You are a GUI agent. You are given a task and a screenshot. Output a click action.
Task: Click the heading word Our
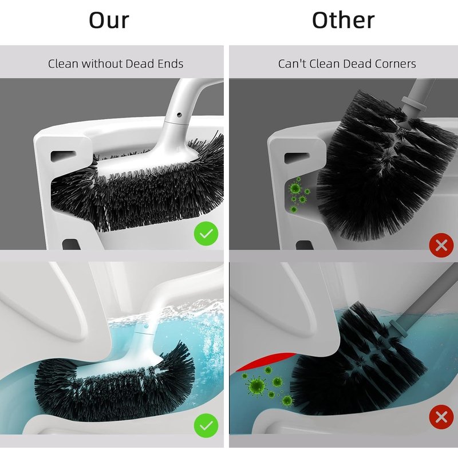point(109,20)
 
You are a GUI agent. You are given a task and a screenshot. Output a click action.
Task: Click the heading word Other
point(343,20)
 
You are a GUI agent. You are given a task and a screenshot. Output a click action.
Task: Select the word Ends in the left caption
point(171,64)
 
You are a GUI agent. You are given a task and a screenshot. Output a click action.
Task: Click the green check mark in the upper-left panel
point(206,234)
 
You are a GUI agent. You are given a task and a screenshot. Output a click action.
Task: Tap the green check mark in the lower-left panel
point(206,425)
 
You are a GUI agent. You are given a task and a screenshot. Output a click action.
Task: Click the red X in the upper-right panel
point(441,246)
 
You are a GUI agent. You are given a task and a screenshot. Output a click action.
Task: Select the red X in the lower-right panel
point(441,417)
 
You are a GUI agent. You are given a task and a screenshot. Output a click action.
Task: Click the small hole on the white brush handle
point(179,115)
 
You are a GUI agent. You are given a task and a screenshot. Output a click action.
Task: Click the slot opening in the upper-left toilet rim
point(63,155)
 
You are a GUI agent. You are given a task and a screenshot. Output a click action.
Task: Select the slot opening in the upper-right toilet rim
point(297,158)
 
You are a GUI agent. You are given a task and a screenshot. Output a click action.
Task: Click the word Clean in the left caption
point(63,64)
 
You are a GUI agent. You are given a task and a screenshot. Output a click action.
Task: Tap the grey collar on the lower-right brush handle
point(398,327)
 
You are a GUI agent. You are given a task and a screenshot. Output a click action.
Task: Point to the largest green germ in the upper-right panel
point(295,188)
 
